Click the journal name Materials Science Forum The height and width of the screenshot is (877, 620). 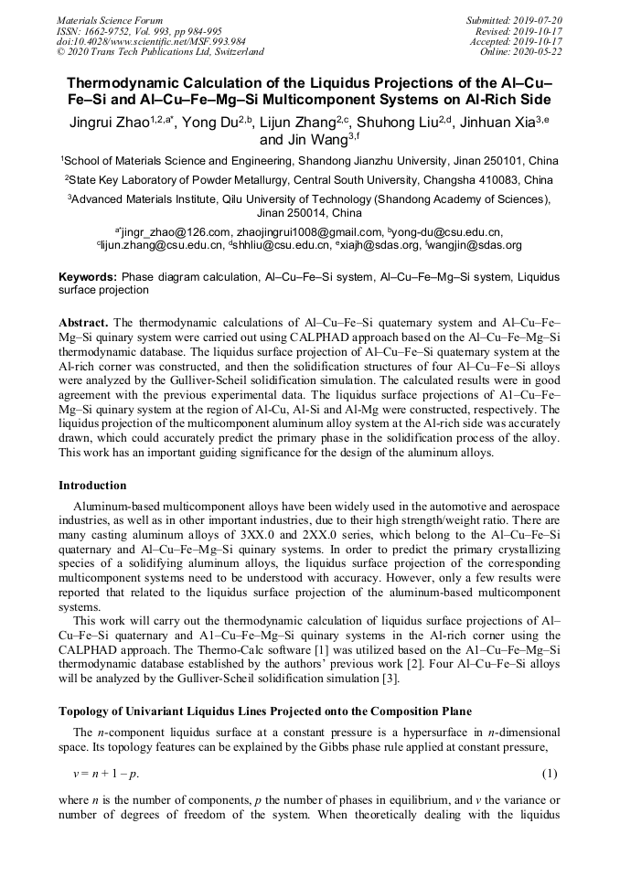(110, 20)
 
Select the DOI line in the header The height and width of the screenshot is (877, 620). (151, 41)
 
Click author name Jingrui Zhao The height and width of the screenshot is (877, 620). (112, 122)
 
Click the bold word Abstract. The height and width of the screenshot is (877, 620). (84, 323)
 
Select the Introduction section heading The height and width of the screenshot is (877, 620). (92, 486)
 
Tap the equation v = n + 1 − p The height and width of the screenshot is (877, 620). (106, 775)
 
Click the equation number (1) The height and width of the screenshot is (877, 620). (550, 775)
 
